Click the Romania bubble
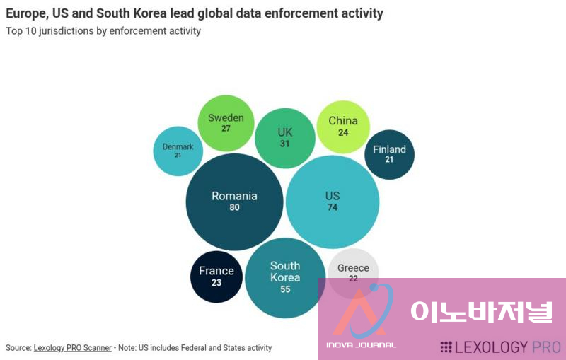click(x=234, y=202)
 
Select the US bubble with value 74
click(x=332, y=202)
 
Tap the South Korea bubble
click(x=285, y=277)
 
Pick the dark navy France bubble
click(x=216, y=277)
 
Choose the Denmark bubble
click(x=178, y=151)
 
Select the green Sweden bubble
click(x=226, y=122)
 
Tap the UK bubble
click(x=285, y=138)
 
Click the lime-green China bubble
click(x=343, y=126)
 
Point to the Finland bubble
click(x=389, y=154)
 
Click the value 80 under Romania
click(x=234, y=208)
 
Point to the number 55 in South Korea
click(x=285, y=289)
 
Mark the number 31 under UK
click(x=285, y=144)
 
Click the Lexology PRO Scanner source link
click(x=72, y=348)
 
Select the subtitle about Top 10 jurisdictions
click(x=103, y=31)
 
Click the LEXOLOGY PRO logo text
click(x=500, y=347)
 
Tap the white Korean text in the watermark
click(x=482, y=311)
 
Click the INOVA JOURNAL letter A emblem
click(x=361, y=315)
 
